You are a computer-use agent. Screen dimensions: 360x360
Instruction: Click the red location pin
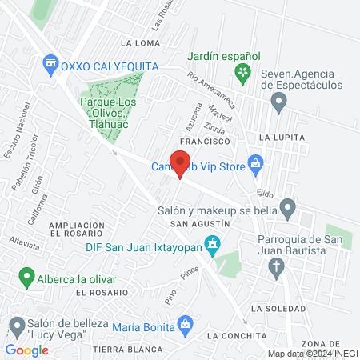tap(180, 163)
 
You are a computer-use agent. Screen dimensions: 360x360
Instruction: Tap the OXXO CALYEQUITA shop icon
tap(51, 62)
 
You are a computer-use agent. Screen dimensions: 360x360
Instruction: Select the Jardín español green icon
tap(242, 74)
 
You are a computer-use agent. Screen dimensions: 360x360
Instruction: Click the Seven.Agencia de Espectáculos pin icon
tap(278, 102)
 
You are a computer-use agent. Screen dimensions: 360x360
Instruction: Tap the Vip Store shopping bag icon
tap(256, 163)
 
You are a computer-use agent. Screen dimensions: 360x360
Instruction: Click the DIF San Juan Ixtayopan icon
tap(212, 244)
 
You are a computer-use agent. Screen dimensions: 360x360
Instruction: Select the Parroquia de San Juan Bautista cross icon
tap(276, 267)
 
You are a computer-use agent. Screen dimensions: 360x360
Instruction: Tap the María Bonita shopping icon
tap(186, 324)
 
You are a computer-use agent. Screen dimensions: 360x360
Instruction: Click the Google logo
tap(26, 350)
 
